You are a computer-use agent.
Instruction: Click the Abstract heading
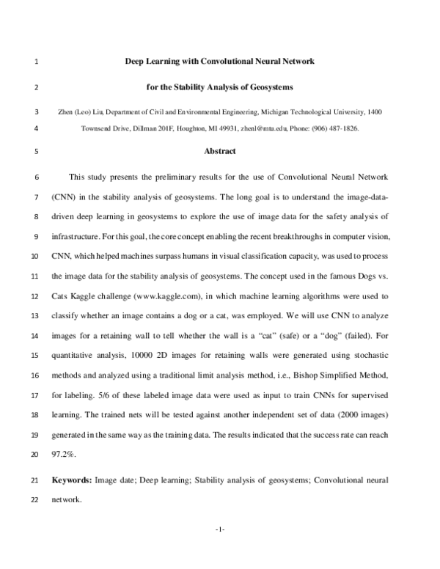(x=220, y=152)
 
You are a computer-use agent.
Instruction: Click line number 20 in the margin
(x=36, y=455)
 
